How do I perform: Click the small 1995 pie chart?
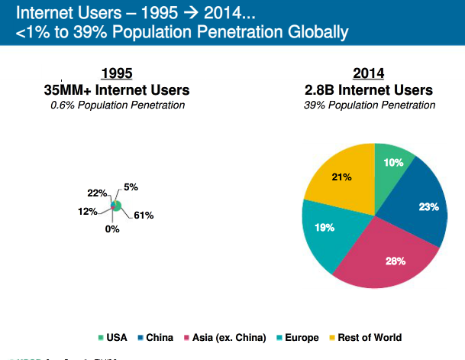pos(116,205)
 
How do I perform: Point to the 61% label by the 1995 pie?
pos(144,216)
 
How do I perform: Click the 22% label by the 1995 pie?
pos(97,193)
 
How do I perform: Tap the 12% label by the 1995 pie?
pos(88,211)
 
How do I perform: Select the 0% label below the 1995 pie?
pos(112,229)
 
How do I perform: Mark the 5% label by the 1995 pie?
pos(131,187)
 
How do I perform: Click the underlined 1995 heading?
pos(117,73)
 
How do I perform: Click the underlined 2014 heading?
pos(368,73)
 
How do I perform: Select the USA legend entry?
pos(113,337)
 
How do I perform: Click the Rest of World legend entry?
pos(366,337)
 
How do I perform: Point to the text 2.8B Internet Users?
pos(368,90)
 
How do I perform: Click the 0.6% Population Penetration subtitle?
pos(117,105)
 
